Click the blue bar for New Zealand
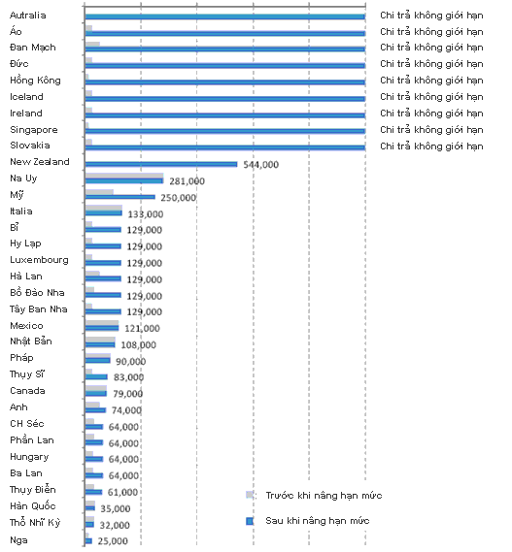[x=161, y=164]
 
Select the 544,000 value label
[x=261, y=165]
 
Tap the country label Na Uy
[x=23, y=179]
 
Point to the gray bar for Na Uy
[x=124, y=176]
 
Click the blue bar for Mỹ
[x=120, y=197]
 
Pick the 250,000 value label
[x=179, y=198]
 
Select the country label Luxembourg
[x=39, y=260]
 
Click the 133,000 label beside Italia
[x=146, y=214]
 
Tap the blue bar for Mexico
[x=102, y=328]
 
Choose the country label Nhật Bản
[x=31, y=341]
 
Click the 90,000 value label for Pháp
[x=130, y=361]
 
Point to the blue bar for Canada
[x=96, y=393]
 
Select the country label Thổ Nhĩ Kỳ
[x=35, y=522]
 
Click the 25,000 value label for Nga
[x=113, y=540]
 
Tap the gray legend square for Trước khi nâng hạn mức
[x=250, y=496]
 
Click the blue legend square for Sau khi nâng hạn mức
[x=250, y=521]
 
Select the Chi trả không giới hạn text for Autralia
[x=431, y=16]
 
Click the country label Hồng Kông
[x=35, y=81]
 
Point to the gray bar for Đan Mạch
[x=92, y=44]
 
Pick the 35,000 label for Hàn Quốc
[x=116, y=508]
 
